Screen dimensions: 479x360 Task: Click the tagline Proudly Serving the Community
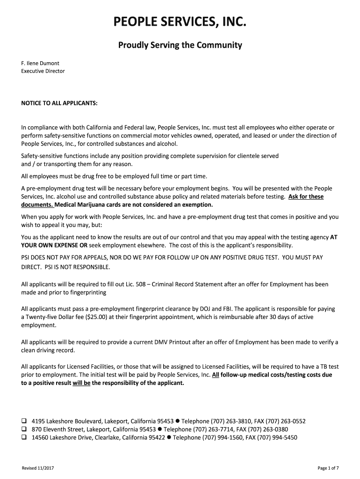pos(180,45)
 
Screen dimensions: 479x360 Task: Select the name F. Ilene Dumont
pos(40,63)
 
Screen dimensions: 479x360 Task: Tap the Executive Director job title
pos(43,71)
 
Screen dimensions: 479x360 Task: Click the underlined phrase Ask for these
pos(306,196)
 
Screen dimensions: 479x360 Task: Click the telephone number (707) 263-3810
pos(232,421)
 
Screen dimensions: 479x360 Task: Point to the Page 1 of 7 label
pos(328,468)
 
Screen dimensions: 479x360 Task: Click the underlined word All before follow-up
pos(216,375)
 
